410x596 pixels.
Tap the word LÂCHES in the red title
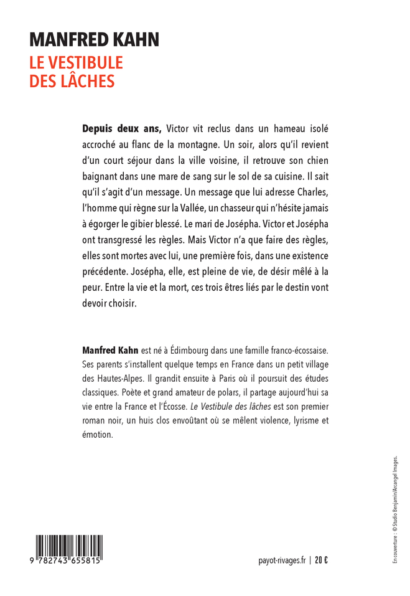[x=88, y=82]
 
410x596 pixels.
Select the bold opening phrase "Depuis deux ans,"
[x=122, y=130]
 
